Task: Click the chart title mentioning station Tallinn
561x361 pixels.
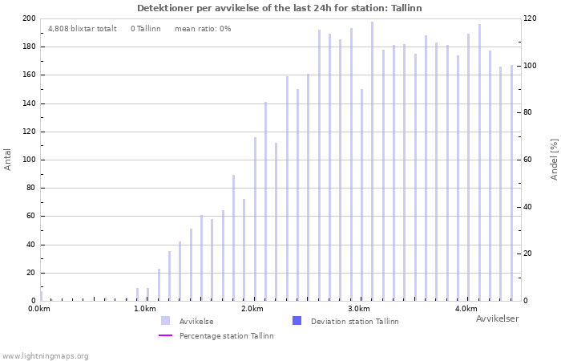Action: [279, 8]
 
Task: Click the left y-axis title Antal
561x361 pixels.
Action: [8, 159]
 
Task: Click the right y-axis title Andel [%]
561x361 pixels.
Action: [554, 159]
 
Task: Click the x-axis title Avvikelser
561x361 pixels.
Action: [497, 318]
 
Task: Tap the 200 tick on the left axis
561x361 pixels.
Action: [28, 18]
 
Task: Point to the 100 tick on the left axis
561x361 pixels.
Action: [28, 160]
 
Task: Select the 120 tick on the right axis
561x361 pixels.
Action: [531, 18]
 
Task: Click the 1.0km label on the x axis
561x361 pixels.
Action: [144, 309]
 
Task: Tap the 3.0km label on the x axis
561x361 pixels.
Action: [359, 309]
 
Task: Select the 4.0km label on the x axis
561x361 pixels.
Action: [466, 309]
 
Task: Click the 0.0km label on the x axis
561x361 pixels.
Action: [38, 309]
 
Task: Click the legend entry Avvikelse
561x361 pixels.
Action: [196, 321]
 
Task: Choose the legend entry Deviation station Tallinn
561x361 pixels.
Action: [354, 321]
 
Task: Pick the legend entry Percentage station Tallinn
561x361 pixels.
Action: [226, 335]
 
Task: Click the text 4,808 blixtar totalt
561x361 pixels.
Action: [83, 28]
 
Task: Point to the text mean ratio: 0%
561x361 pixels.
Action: [203, 28]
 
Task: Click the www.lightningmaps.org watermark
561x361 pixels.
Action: [46, 355]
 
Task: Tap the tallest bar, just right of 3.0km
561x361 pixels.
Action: [372, 160]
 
